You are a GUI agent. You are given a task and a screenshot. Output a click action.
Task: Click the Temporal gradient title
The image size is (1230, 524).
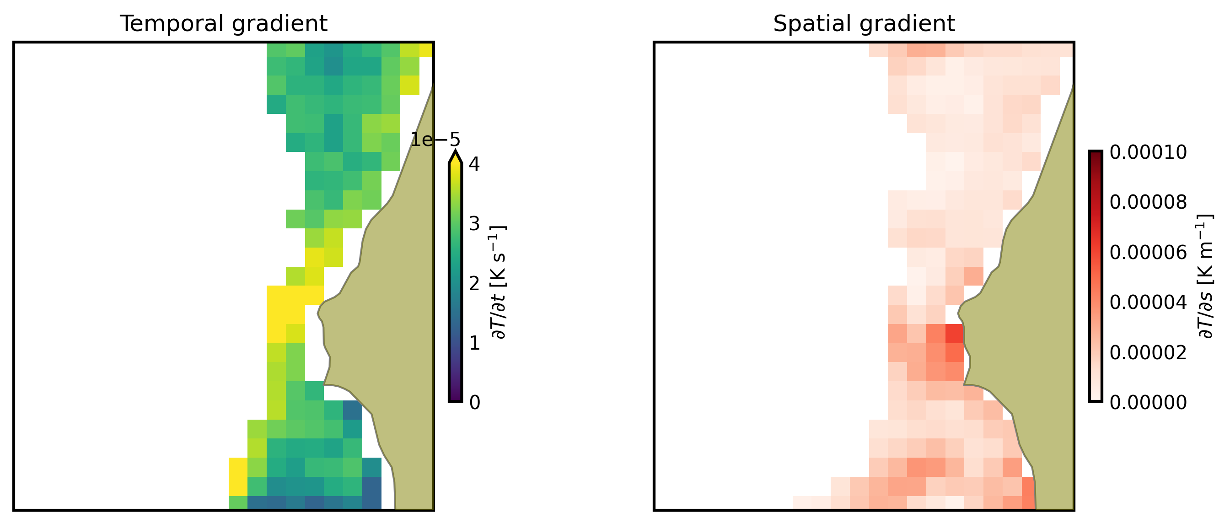pos(224,24)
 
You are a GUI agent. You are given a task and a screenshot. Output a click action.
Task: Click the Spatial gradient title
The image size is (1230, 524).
pos(864,24)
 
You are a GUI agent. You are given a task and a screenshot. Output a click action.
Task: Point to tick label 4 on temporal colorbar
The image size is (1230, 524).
pos(474,164)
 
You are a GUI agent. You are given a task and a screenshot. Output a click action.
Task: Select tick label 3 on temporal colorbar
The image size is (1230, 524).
pos(474,223)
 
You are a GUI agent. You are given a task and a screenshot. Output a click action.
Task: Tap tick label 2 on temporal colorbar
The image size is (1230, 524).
pos(474,284)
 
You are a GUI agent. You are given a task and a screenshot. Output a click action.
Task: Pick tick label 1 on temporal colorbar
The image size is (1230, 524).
pos(474,343)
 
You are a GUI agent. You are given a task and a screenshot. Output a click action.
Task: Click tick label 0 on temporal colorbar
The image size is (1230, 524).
pos(474,403)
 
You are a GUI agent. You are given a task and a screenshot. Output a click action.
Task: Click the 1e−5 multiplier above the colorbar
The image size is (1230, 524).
pos(435,140)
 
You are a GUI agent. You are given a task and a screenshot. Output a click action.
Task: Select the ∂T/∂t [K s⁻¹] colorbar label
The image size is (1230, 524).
pos(499,282)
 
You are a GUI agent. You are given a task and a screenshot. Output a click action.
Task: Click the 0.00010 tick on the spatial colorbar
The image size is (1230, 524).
pos(1148,153)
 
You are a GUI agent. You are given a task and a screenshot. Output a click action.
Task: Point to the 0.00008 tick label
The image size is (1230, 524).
pos(1148,203)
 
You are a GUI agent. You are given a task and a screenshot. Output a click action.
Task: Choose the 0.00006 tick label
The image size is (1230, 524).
pos(1148,253)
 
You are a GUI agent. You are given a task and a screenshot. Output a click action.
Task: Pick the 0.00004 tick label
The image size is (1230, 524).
pos(1148,303)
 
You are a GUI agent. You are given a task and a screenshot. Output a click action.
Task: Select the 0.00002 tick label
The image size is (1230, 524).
pos(1148,353)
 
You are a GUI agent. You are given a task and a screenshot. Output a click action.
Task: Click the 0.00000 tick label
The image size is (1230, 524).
pos(1148,403)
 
